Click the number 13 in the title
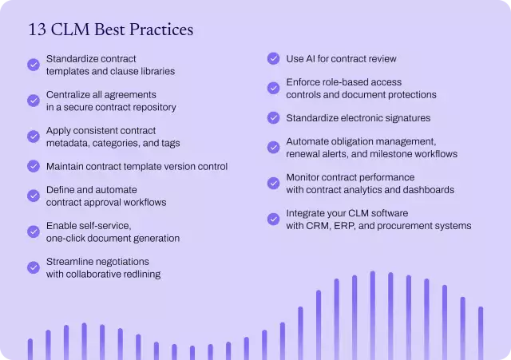point(36,30)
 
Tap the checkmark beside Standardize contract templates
point(34,65)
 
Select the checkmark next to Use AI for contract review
point(273,58)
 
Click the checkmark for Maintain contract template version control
point(34,166)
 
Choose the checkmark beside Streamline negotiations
point(34,267)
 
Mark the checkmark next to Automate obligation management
point(273,148)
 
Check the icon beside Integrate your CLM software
point(273,220)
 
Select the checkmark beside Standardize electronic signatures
point(273,118)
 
